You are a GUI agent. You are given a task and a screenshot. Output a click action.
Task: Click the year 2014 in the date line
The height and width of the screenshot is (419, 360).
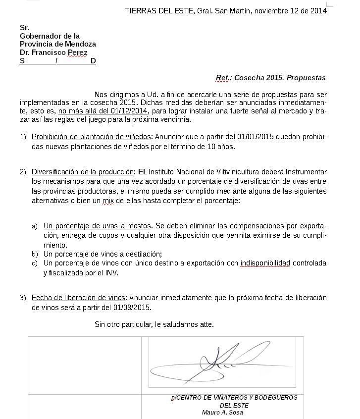[319, 11]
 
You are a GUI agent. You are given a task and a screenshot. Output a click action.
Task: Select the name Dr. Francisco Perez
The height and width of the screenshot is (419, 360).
[53, 52]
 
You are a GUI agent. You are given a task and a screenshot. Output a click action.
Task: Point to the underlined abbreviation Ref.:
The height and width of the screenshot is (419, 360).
[224, 78]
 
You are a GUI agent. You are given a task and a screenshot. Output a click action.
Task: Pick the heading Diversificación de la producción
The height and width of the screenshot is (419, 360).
[83, 172]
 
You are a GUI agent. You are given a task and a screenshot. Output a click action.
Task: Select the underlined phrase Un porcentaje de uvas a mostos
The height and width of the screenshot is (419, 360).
[97, 226]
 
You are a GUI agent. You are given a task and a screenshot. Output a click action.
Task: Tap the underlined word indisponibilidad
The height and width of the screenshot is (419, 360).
[265, 263]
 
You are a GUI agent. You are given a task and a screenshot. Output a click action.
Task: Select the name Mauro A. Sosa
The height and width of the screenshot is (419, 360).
[222, 413]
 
